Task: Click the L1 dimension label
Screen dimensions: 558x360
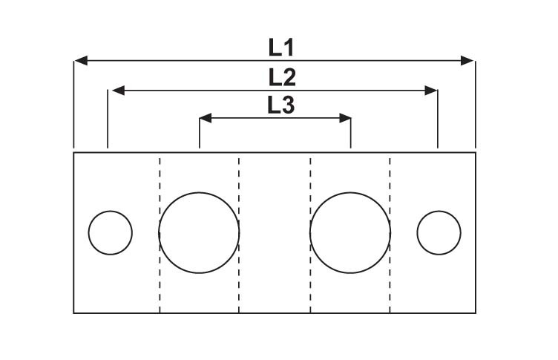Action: [x=280, y=48]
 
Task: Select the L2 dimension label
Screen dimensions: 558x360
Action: [x=282, y=78]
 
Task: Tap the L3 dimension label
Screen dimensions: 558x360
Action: [x=280, y=105]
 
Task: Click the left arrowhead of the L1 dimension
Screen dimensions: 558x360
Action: [x=81, y=61]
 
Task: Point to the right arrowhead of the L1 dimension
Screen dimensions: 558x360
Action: [x=467, y=61]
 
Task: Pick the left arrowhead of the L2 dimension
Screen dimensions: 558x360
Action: [x=119, y=91]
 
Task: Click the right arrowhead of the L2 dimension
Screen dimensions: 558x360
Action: [x=431, y=91]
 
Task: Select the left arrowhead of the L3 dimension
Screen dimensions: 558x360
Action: [x=206, y=118]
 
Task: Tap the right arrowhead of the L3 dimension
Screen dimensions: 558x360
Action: [x=345, y=118]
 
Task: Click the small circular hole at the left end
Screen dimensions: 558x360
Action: [x=111, y=233]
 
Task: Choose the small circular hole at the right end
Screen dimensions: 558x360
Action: [x=439, y=233]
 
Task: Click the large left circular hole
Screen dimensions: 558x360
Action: [x=199, y=233]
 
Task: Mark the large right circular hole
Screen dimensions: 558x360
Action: [x=350, y=233]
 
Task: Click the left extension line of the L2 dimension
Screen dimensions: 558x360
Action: [x=108, y=119]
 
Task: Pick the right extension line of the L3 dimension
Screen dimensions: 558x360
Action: [x=351, y=133]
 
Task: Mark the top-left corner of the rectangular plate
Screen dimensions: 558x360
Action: [x=73, y=152]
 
